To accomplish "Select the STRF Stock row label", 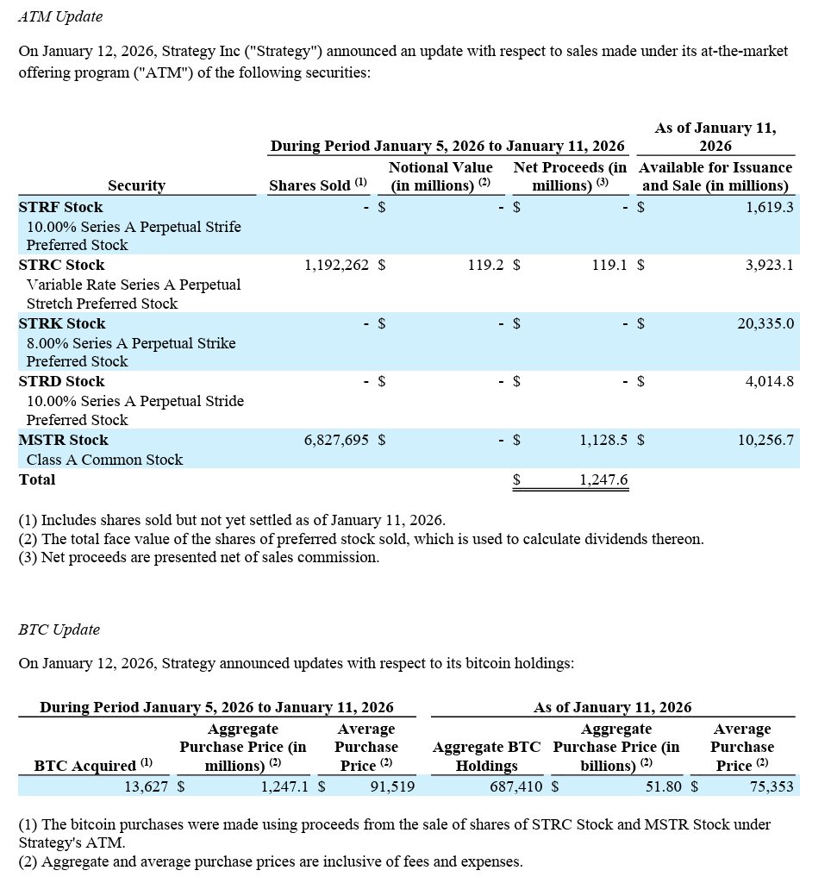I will (x=60, y=207).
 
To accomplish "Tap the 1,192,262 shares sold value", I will (x=336, y=265).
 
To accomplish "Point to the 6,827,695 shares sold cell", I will (x=336, y=440).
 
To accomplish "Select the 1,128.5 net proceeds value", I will (x=603, y=440).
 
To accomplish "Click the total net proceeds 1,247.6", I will (x=603, y=480).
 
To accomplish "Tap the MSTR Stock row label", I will (x=64, y=440).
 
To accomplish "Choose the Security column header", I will (x=136, y=185).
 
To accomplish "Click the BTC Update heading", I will (x=59, y=629).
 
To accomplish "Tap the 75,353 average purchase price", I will (x=767, y=786).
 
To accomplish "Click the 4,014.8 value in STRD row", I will (x=769, y=381).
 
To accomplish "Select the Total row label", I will (x=37, y=480).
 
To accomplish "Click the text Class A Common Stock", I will (x=104, y=460).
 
